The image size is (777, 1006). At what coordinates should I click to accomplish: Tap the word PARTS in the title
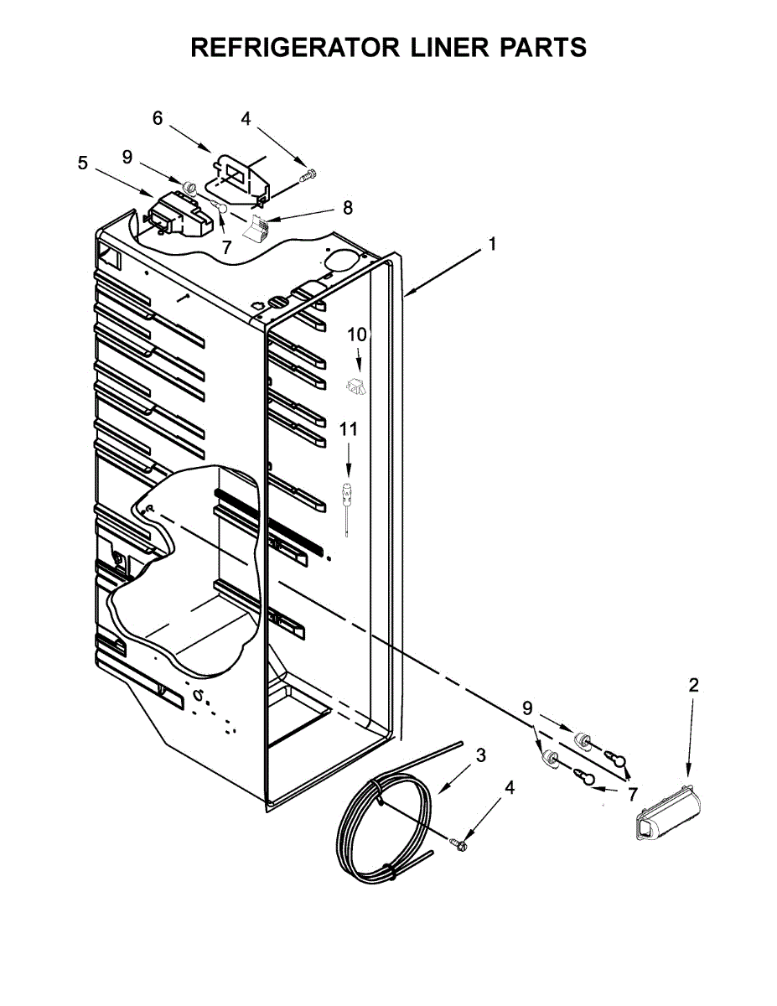point(542,48)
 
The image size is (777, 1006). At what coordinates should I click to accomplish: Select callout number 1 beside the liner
point(493,245)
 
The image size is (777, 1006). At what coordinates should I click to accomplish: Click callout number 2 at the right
point(693,685)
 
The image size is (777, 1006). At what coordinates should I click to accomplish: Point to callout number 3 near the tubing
point(480,754)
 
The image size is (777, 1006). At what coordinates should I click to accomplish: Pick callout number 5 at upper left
point(82,163)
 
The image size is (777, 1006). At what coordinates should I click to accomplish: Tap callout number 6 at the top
point(158,118)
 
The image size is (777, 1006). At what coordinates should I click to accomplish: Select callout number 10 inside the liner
point(357,334)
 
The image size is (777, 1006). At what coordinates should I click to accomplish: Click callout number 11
point(348,429)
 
